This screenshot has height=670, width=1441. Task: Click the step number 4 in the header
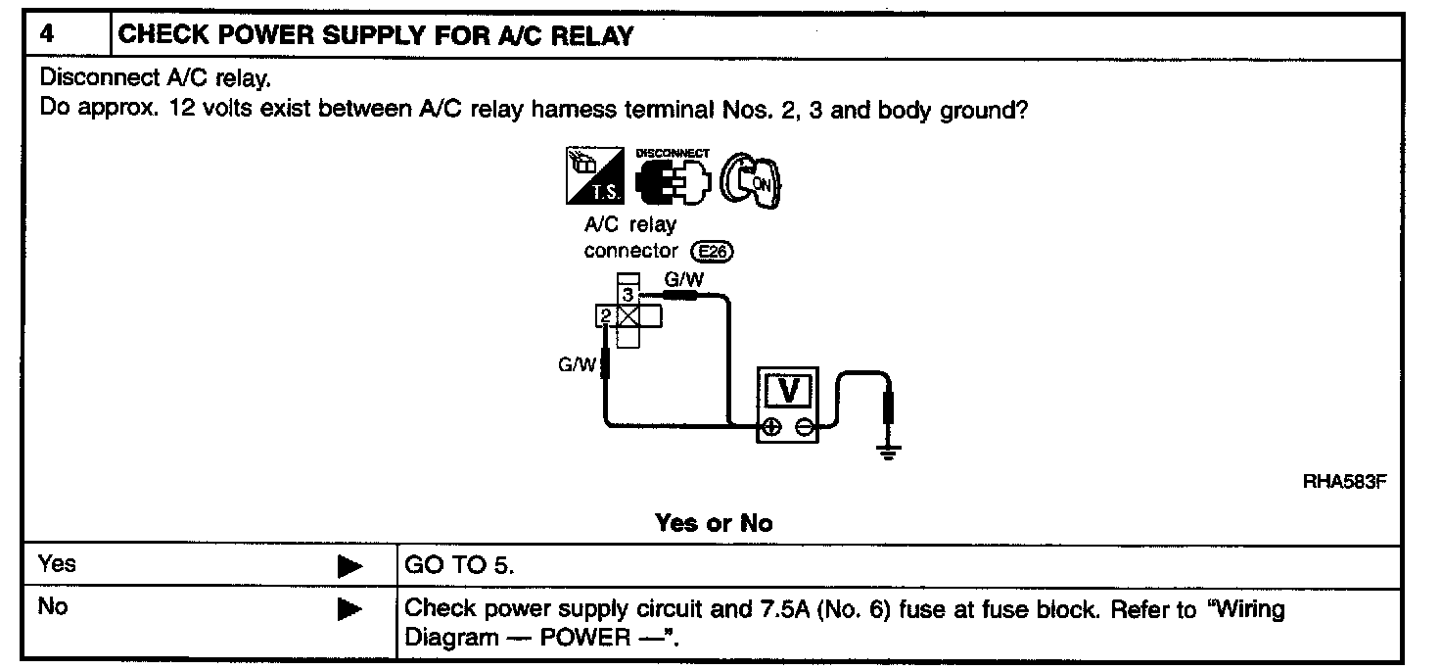coord(46,33)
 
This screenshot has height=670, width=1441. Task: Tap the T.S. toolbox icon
coord(595,175)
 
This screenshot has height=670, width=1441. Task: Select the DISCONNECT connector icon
coord(673,177)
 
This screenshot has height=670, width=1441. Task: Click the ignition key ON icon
coord(750,180)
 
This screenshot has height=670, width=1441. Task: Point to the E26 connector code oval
coord(712,251)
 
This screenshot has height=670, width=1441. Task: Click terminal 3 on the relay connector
coord(628,295)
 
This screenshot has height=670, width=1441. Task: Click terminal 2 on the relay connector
coord(606,316)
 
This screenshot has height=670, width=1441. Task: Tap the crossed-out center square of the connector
coord(628,316)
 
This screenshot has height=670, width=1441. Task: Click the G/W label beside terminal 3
coord(684,279)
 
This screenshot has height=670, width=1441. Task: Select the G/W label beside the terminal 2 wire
coord(577,365)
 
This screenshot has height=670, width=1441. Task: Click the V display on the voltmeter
coord(788,391)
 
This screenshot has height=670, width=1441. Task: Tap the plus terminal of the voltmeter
coord(772,427)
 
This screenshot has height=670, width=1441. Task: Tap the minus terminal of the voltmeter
coord(804,427)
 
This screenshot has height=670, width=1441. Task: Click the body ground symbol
coord(889,452)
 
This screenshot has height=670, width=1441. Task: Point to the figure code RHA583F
coord(1344,481)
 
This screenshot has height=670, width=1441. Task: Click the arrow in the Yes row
coord(349,566)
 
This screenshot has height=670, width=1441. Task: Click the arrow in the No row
coord(349,609)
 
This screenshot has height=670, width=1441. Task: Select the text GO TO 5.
coord(459,565)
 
